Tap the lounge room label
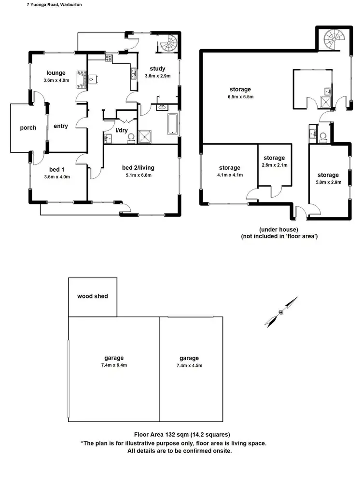coord(56,73)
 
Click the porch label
coord(28,128)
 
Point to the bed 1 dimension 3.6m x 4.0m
coord(56,177)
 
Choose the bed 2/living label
coord(139,168)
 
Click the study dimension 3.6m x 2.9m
coord(157,76)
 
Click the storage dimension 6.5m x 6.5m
coord(240,97)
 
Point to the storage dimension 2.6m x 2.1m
coord(274,165)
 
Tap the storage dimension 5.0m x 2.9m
coord(328,183)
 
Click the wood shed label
coord(93,296)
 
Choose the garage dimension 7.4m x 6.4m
coord(113,365)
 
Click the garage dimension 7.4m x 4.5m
coord(189,366)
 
